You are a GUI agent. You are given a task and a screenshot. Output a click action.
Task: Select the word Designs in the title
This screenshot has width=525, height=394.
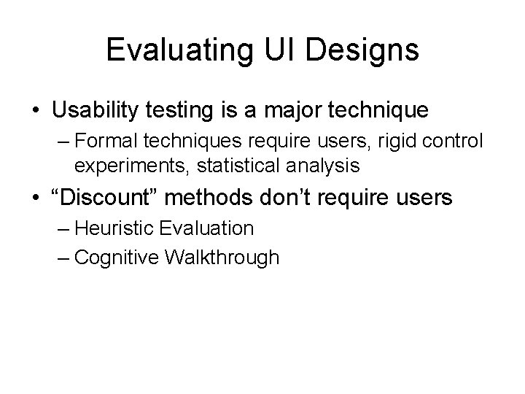(x=365, y=51)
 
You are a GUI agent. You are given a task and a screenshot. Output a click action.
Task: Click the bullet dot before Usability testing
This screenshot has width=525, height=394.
(x=36, y=111)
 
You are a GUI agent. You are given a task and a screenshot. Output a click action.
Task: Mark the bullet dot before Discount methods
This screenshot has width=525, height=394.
(x=36, y=198)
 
